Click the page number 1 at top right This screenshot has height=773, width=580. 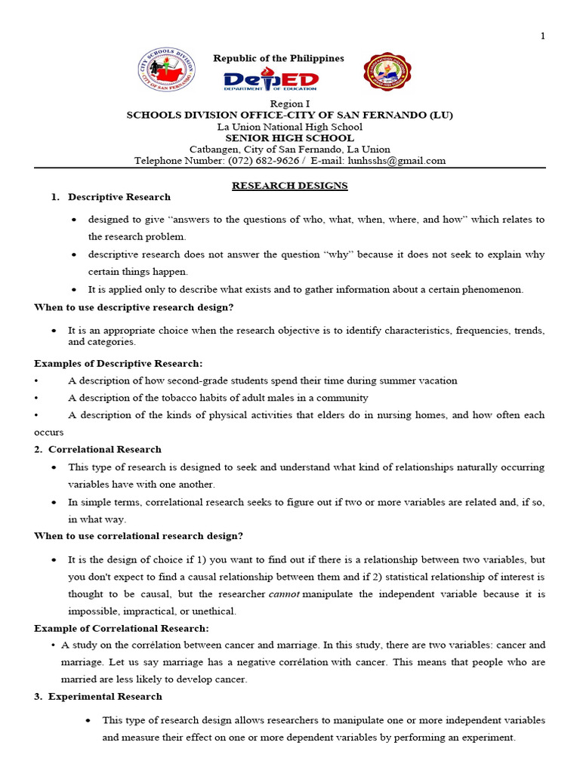click(x=542, y=36)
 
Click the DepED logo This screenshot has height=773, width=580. click(x=271, y=82)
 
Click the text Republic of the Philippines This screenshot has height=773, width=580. click(x=278, y=58)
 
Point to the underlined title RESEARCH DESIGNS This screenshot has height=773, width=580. click(x=289, y=185)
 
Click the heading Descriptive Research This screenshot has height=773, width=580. click(x=119, y=197)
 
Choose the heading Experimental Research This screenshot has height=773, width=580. click(x=105, y=696)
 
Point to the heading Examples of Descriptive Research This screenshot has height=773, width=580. click(x=119, y=363)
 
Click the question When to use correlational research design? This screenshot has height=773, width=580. click(x=138, y=536)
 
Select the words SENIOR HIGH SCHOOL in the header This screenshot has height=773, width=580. click(x=289, y=138)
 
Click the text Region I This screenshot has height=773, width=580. click(x=289, y=103)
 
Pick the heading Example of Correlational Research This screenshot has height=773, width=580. click(x=122, y=628)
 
